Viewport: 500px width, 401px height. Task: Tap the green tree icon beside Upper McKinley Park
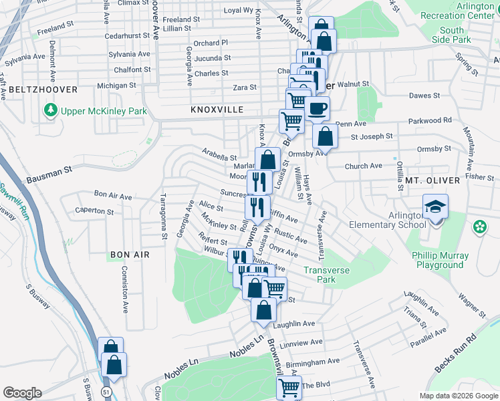tap(49, 109)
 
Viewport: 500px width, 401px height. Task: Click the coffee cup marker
tap(317, 108)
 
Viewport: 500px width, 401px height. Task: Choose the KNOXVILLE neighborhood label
tap(215, 109)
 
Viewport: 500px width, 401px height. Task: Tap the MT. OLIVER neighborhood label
tap(432, 180)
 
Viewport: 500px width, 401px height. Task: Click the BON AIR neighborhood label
tap(126, 255)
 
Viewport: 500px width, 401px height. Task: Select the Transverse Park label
tap(328, 275)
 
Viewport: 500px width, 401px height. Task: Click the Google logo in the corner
tap(22, 393)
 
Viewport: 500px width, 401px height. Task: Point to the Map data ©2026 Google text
tap(458, 396)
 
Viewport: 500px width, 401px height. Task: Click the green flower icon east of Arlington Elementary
tap(479, 227)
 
